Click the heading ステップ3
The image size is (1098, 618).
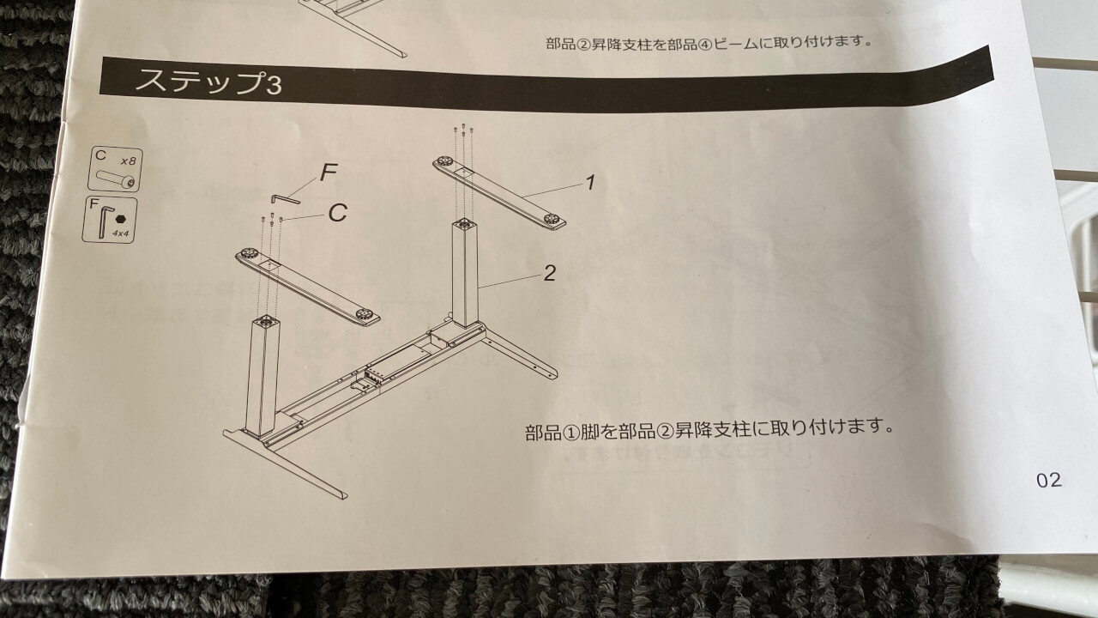(x=208, y=82)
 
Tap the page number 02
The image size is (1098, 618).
(x=1049, y=480)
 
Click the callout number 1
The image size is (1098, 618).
(x=591, y=183)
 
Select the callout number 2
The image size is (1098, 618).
(x=550, y=273)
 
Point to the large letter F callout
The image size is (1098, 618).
(x=329, y=173)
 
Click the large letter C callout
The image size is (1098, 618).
(x=338, y=213)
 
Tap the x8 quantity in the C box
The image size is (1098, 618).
(x=129, y=161)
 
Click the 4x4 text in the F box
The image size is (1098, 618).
(x=121, y=233)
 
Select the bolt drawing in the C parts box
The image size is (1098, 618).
(x=116, y=179)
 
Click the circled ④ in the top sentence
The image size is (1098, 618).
(x=705, y=44)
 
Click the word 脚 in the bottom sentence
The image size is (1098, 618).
(x=589, y=432)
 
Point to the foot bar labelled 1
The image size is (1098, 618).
(x=499, y=192)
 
